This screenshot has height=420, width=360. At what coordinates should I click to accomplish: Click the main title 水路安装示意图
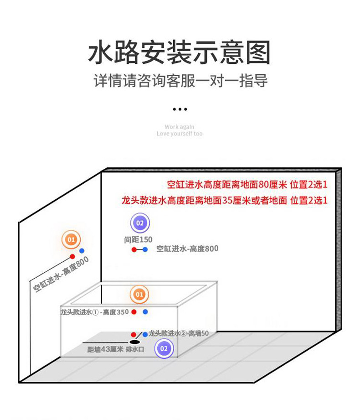pyautogui.click(x=180, y=53)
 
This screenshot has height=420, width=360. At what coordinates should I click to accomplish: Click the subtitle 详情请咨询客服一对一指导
pyautogui.click(x=180, y=81)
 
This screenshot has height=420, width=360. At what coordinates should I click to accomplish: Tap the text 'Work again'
pyautogui.click(x=180, y=127)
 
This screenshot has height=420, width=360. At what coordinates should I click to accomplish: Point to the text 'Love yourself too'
pyautogui.click(x=180, y=134)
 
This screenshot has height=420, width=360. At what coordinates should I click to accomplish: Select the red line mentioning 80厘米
pyautogui.click(x=247, y=185)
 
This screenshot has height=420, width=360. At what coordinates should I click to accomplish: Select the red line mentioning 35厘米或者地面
pyautogui.click(x=224, y=200)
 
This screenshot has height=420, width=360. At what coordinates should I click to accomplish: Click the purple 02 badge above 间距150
pyautogui.click(x=140, y=223)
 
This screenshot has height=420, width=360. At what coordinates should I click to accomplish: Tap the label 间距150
pyautogui.click(x=138, y=239)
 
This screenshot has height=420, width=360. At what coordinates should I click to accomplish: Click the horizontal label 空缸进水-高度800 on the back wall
pyautogui.click(x=187, y=249)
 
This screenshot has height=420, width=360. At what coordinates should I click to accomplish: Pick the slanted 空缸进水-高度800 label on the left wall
pyautogui.click(x=61, y=274)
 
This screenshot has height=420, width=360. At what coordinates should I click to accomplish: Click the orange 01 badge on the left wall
pyautogui.click(x=71, y=239)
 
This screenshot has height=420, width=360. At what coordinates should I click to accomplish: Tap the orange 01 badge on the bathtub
pyautogui.click(x=139, y=295)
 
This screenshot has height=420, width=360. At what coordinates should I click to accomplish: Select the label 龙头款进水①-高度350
pyautogui.click(x=95, y=312)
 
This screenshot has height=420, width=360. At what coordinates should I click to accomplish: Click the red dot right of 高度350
pyautogui.click(x=134, y=312)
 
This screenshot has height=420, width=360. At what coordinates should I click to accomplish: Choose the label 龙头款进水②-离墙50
pyautogui.click(x=179, y=333)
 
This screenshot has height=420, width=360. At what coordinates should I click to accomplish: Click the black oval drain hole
pyautogui.click(x=134, y=341)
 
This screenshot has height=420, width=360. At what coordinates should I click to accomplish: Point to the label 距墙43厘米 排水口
pyautogui.click(x=116, y=349)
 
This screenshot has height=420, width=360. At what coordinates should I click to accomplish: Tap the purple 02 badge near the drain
pyautogui.click(x=164, y=349)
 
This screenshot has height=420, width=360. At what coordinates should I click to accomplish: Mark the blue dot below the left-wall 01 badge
pyautogui.click(x=82, y=251)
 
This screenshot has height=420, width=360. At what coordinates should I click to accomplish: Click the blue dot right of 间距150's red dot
pyautogui.click(x=145, y=249)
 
